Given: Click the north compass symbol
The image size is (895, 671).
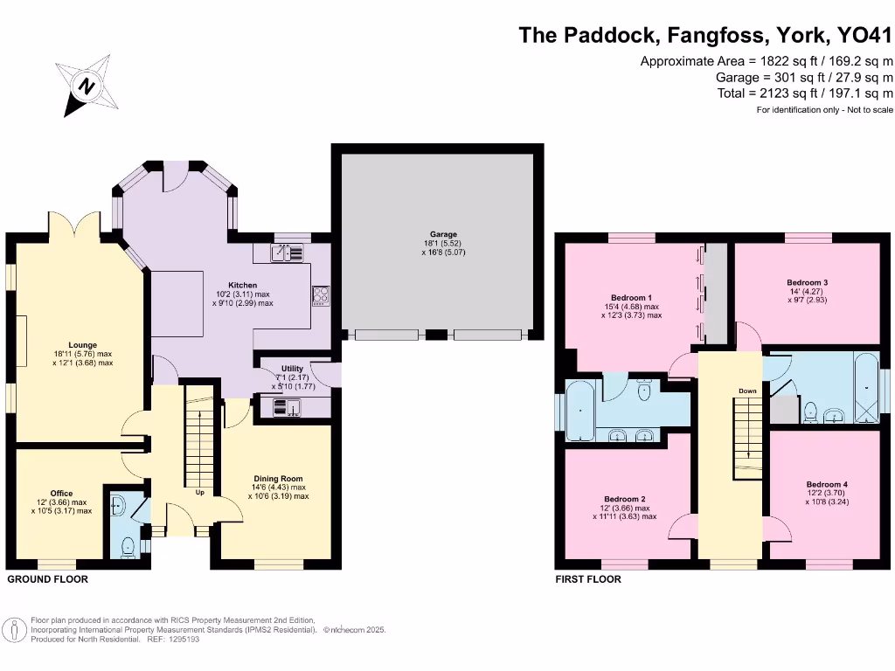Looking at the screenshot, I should coord(86,86).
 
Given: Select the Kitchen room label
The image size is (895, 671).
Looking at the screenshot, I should coord(242,286).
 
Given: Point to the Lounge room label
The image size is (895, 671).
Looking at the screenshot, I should coord(83,344).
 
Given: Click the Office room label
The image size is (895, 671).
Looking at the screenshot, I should coord(60,493).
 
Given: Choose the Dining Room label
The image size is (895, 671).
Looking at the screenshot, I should coord(278,478).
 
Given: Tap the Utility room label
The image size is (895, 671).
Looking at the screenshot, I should coord(292,369).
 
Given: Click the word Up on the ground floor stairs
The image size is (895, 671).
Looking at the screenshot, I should coord(200,492).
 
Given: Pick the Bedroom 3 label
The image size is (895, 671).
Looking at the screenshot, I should coord(807,282).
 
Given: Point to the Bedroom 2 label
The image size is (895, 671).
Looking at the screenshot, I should coord(625,499).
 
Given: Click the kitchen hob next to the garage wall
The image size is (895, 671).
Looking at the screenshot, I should coord(321,296).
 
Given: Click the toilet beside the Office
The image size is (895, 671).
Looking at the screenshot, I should coord(128,546).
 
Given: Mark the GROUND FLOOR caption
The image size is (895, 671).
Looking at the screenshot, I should coord(47,579).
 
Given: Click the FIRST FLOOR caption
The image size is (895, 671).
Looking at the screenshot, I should coord(588,579).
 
